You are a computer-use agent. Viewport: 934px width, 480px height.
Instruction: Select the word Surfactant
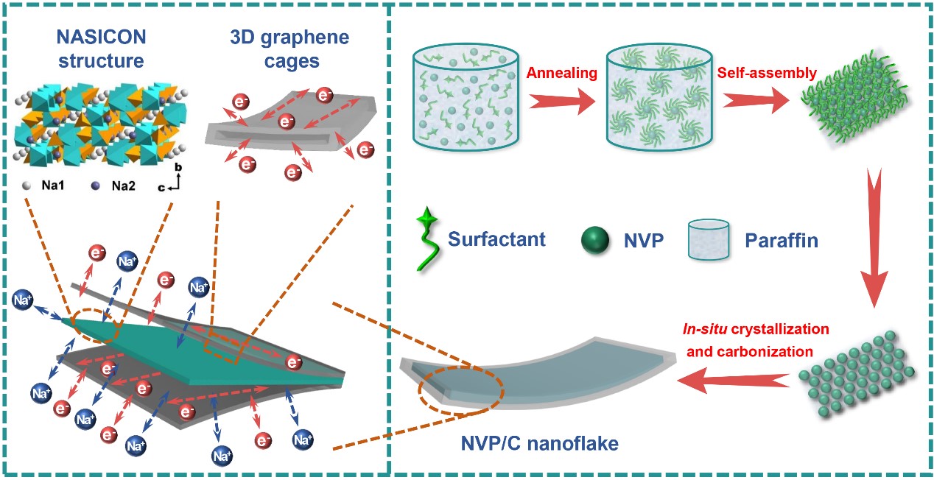pos(496,239)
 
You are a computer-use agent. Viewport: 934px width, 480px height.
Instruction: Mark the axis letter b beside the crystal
pos(177,168)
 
